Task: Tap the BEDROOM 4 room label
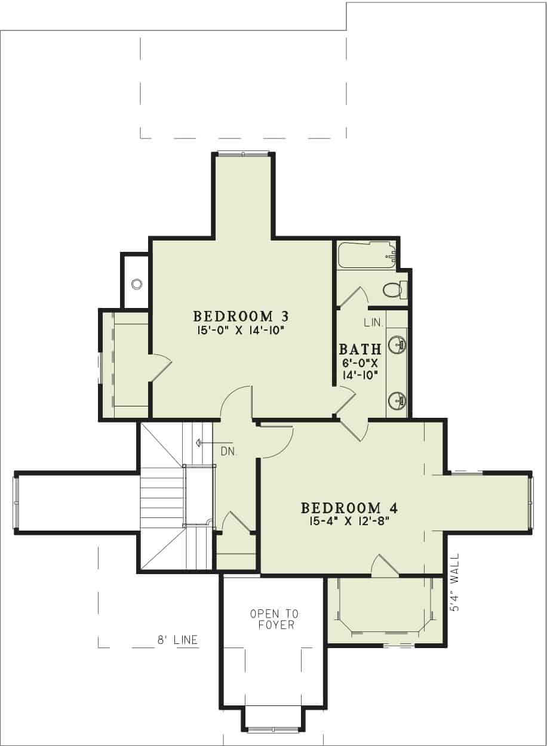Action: (x=349, y=508)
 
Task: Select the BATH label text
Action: (x=360, y=350)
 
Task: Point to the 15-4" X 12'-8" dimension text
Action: (x=349, y=520)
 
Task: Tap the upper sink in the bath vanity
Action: (x=397, y=344)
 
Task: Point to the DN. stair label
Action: (x=229, y=452)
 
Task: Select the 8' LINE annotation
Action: (x=177, y=640)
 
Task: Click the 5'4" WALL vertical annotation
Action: (x=455, y=581)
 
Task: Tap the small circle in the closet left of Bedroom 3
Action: (x=137, y=283)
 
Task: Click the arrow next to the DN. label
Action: (x=201, y=443)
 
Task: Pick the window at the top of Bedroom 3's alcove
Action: (x=243, y=154)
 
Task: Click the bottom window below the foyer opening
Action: (x=273, y=729)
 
